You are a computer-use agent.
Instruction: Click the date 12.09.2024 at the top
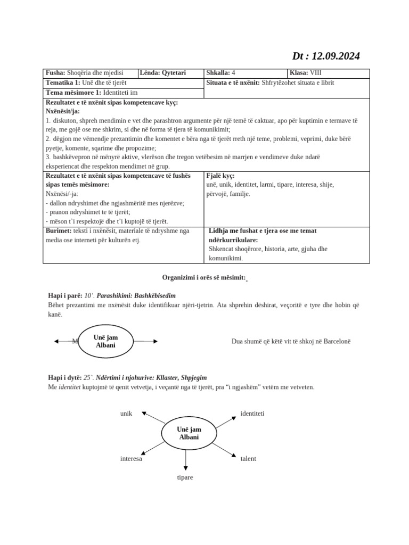click(x=336, y=56)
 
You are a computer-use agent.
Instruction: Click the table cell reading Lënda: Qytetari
click(x=163, y=73)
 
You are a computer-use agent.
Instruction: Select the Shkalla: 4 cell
click(x=220, y=73)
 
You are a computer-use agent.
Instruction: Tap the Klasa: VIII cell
click(x=306, y=73)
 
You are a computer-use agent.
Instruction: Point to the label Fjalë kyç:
click(x=220, y=176)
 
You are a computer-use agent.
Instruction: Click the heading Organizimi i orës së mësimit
click(x=204, y=278)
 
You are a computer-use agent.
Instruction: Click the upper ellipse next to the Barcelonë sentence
click(x=105, y=341)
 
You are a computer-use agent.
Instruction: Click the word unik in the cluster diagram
click(x=126, y=413)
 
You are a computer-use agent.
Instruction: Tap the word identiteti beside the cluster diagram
click(x=252, y=413)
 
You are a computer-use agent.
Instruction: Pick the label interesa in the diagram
click(x=131, y=458)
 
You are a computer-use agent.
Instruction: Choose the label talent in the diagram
click(x=248, y=458)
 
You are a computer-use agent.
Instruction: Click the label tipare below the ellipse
click(x=185, y=477)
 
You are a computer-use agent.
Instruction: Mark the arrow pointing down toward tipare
click(x=185, y=458)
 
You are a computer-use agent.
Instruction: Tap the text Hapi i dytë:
click(x=65, y=377)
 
